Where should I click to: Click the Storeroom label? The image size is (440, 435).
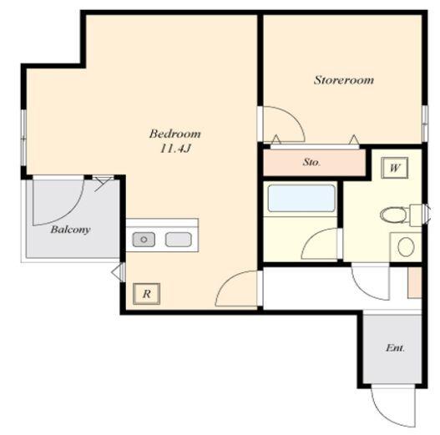coord(344,80)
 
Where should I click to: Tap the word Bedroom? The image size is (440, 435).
coord(175,134)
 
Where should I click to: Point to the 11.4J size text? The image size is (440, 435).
coord(175,149)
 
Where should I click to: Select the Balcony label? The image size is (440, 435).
coord(70,230)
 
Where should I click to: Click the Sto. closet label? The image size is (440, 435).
coord(311,162)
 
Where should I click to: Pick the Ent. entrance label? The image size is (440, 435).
coord(395,348)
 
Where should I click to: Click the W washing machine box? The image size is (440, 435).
coord(394,168)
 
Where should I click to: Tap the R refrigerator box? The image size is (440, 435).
coord(147,294)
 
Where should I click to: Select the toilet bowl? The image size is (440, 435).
coord(393,215)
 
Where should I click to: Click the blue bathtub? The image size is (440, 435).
coord(301,198)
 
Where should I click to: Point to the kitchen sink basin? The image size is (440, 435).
coord(144,240)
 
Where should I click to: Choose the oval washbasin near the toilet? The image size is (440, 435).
coord(406,246)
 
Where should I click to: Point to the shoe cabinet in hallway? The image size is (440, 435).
coord(415,282)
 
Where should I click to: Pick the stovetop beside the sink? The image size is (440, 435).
coord(179,240)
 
